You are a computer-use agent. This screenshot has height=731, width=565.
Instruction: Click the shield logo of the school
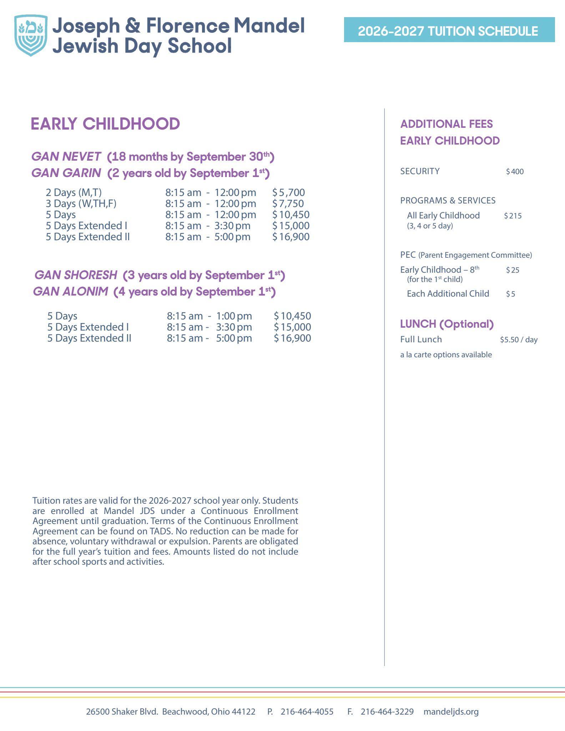(31, 35)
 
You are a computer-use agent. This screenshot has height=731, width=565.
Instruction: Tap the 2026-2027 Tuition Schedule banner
(449, 30)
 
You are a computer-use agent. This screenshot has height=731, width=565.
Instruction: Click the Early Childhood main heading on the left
(105, 124)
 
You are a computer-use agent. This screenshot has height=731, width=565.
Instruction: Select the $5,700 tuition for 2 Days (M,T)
(289, 192)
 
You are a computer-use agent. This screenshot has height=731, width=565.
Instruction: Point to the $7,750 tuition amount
(288, 203)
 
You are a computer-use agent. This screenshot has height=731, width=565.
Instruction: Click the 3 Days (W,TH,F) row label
(81, 203)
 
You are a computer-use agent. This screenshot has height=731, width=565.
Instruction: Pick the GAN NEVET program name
(66, 156)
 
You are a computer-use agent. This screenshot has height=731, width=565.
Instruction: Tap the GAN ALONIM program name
(71, 292)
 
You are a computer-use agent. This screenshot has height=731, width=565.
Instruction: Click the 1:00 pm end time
(234, 316)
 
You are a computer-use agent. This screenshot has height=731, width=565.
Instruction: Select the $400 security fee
(515, 172)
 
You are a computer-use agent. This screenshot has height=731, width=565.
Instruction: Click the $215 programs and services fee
(513, 216)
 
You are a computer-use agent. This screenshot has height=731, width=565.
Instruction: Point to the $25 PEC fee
(513, 270)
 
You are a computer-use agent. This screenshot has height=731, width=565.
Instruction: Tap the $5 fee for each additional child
(510, 294)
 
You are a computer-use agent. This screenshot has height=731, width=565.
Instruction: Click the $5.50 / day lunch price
(519, 339)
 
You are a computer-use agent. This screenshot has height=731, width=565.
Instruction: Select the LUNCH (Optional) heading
(447, 324)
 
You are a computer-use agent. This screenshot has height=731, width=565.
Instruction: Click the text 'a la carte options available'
(446, 354)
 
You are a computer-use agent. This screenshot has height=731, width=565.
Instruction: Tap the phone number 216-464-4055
(307, 711)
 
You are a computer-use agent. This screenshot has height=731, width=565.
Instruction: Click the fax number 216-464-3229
(387, 711)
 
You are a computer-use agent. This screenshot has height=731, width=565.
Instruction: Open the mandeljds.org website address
(451, 711)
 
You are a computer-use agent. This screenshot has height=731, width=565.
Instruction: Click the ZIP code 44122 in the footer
(244, 711)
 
